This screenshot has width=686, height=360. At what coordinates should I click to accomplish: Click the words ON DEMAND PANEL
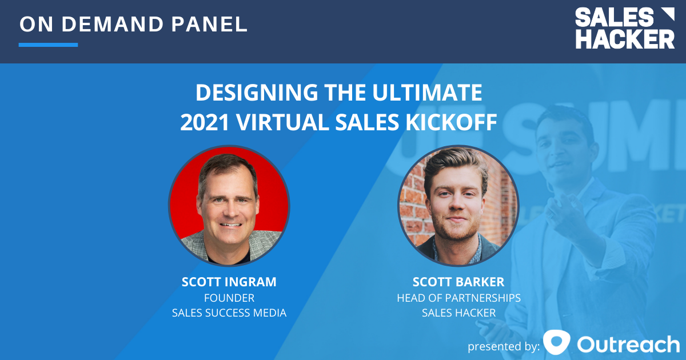tap(133, 25)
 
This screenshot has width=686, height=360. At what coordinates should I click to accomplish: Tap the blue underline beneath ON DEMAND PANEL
tap(48, 45)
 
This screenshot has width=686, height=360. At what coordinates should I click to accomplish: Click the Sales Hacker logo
tap(624, 28)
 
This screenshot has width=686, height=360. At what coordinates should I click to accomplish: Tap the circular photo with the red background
tap(229, 206)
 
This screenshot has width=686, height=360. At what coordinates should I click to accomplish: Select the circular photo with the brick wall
tap(458, 206)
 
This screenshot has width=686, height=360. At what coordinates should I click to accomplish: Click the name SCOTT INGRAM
tap(229, 282)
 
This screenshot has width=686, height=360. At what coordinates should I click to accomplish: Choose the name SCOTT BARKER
tap(458, 282)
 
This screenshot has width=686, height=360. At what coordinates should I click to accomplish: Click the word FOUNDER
tap(229, 298)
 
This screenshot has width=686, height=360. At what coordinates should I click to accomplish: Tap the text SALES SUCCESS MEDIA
tap(229, 313)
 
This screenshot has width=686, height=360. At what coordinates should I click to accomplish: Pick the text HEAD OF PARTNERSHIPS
tap(458, 298)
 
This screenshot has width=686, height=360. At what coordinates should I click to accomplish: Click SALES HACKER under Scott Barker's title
tap(458, 313)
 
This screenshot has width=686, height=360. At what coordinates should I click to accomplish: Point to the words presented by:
tap(503, 346)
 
